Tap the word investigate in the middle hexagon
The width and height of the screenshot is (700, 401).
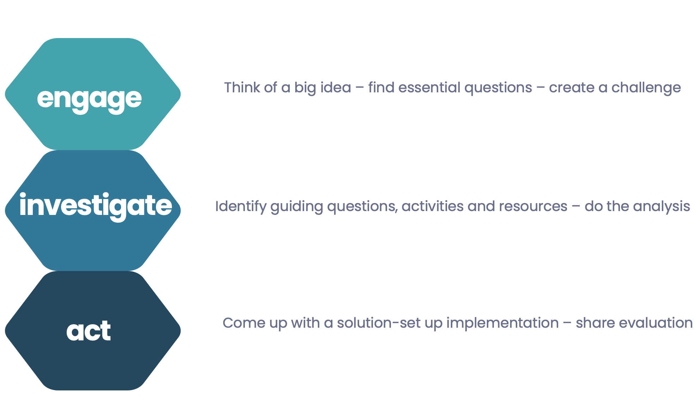[x=96, y=206]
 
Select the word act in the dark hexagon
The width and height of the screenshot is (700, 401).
[x=89, y=331]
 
